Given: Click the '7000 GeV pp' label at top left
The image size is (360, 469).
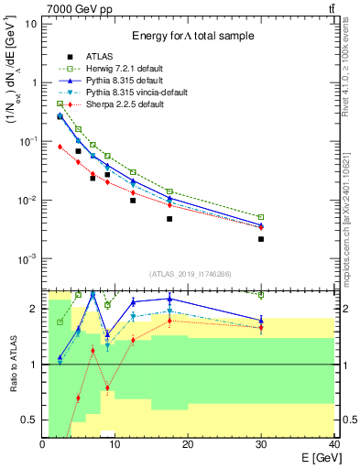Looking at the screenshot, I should pos(71,8).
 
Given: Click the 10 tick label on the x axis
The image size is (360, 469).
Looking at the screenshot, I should pos(115,445).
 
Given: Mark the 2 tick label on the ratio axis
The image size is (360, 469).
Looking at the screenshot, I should pos(34,309).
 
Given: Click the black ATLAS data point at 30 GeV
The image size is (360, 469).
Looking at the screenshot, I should pos(261,239).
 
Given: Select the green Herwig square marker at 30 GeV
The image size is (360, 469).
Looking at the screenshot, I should pos(261,217).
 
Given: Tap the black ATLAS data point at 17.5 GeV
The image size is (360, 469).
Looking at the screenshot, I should pos(169,219).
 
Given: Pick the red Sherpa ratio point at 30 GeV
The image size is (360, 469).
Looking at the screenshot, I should pos(261,327).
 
